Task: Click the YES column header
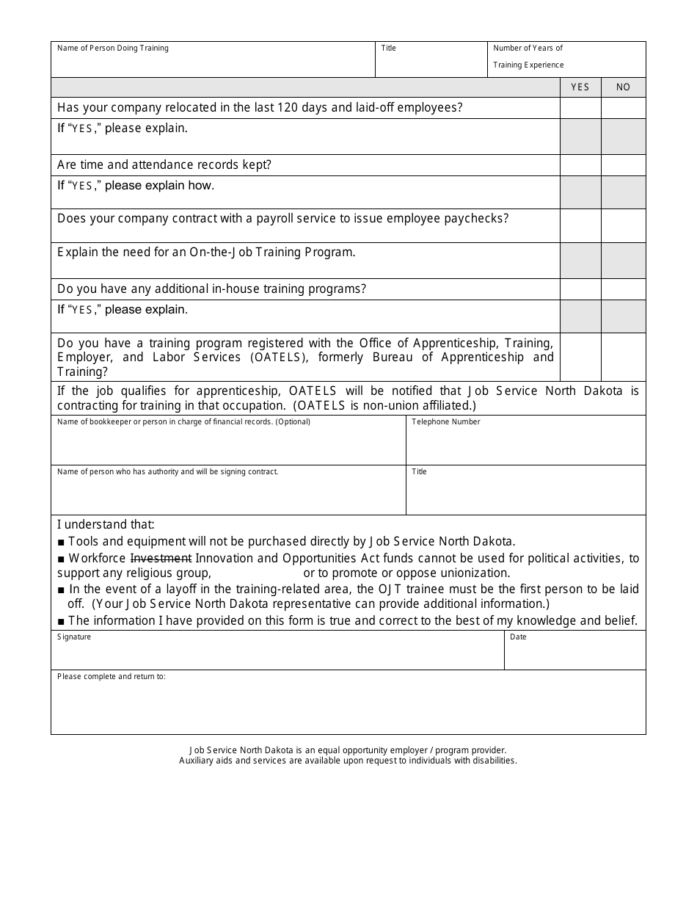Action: pyautogui.click(x=580, y=87)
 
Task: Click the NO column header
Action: pyautogui.click(x=623, y=87)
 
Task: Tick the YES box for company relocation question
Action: pyautogui.click(x=580, y=108)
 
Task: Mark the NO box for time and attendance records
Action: pyautogui.click(x=624, y=165)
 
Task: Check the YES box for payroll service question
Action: pyautogui.click(x=580, y=225)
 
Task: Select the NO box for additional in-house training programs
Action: pyautogui.click(x=624, y=289)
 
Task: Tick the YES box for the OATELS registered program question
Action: pyautogui.click(x=580, y=357)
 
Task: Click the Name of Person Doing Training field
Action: pyautogui.click(x=213, y=65)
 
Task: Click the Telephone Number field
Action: pyautogui.click(x=525, y=445)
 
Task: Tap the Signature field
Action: pyautogui.click(x=277, y=655)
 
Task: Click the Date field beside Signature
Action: pyautogui.click(x=574, y=655)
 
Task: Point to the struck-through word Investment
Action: pyautogui.click(x=161, y=559)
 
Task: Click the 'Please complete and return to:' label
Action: pyautogui.click(x=112, y=677)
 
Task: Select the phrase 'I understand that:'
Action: pyautogui.click(x=106, y=525)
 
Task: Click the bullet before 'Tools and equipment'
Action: pyautogui.click(x=61, y=542)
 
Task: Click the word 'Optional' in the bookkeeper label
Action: pyautogui.click(x=293, y=422)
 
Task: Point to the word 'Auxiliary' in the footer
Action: pyautogui.click(x=196, y=761)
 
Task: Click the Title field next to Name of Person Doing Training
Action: pyautogui.click(x=431, y=65)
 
